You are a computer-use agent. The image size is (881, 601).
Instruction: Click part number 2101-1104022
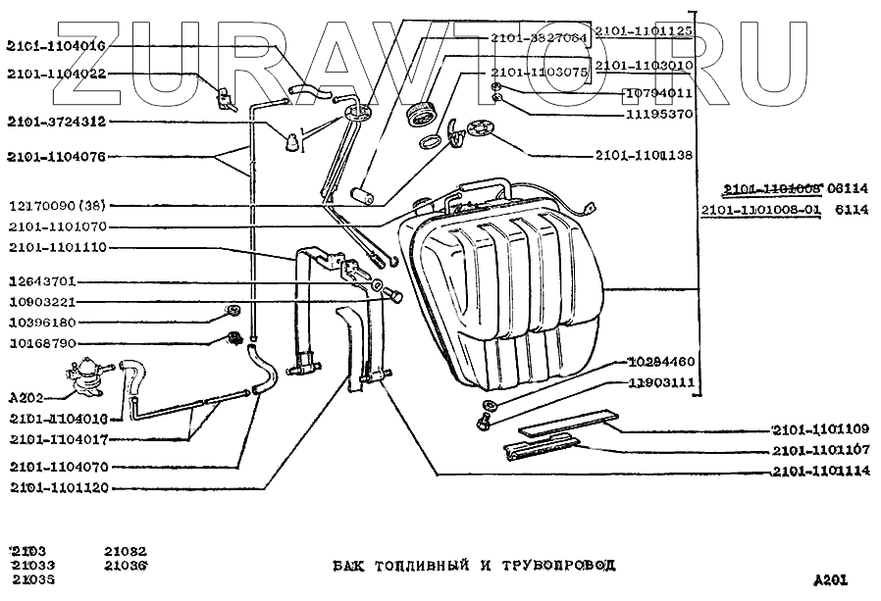click(x=57, y=74)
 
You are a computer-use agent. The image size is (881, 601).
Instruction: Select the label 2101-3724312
click(x=57, y=123)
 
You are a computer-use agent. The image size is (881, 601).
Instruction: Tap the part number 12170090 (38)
click(x=60, y=206)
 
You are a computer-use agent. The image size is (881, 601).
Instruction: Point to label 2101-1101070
click(x=57, y=226)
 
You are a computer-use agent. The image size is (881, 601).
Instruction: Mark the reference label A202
click(x=25, y=400)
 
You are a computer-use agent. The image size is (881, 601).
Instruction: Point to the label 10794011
click(x=659, y=93)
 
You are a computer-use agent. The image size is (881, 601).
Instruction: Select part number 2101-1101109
click(x=819, y=429)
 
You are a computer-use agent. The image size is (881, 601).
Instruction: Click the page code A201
click(x=830, y=578)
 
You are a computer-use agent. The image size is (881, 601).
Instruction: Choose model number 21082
click(x=126, y=551)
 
